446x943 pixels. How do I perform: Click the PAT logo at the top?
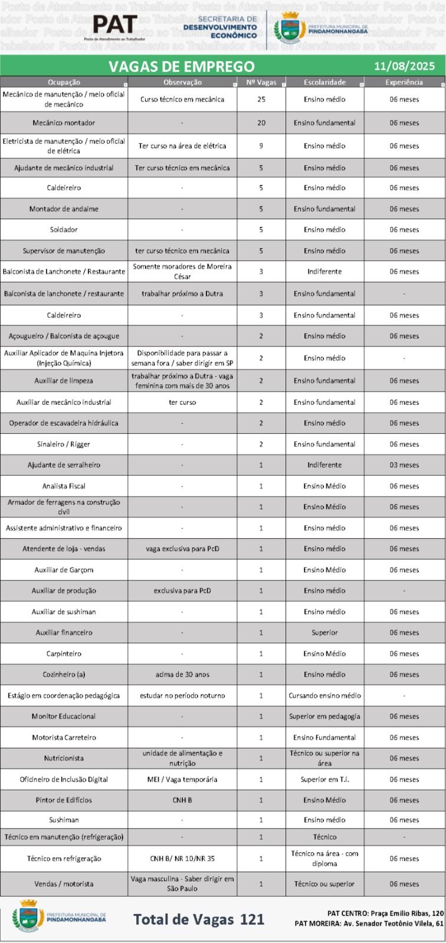pos(115,25)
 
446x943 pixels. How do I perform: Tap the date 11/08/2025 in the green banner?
pos(404,66)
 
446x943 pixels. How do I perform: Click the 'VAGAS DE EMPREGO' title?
pos(181,66)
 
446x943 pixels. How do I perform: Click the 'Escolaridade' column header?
pos(324,83)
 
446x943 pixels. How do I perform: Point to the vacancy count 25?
pos(261,100)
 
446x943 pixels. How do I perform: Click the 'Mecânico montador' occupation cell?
pos(64,123)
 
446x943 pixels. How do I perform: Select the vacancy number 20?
pos(261,123)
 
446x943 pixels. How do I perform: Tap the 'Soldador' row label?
pos(64,230)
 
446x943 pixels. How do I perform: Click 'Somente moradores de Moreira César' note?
pos(182,271)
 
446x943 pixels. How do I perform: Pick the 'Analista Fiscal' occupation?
pos(64,486)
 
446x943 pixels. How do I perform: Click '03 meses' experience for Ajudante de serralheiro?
pos(404,465)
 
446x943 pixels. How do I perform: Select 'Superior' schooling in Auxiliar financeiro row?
pos(324,632)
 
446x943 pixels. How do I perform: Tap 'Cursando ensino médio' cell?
pos(324,695)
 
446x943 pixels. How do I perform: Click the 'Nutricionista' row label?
pos(64,759)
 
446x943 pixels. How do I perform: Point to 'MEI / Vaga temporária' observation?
pos(182,779)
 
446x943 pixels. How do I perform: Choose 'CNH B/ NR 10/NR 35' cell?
pos(182,859)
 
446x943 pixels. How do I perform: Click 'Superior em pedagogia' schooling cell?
pos(324,717)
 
